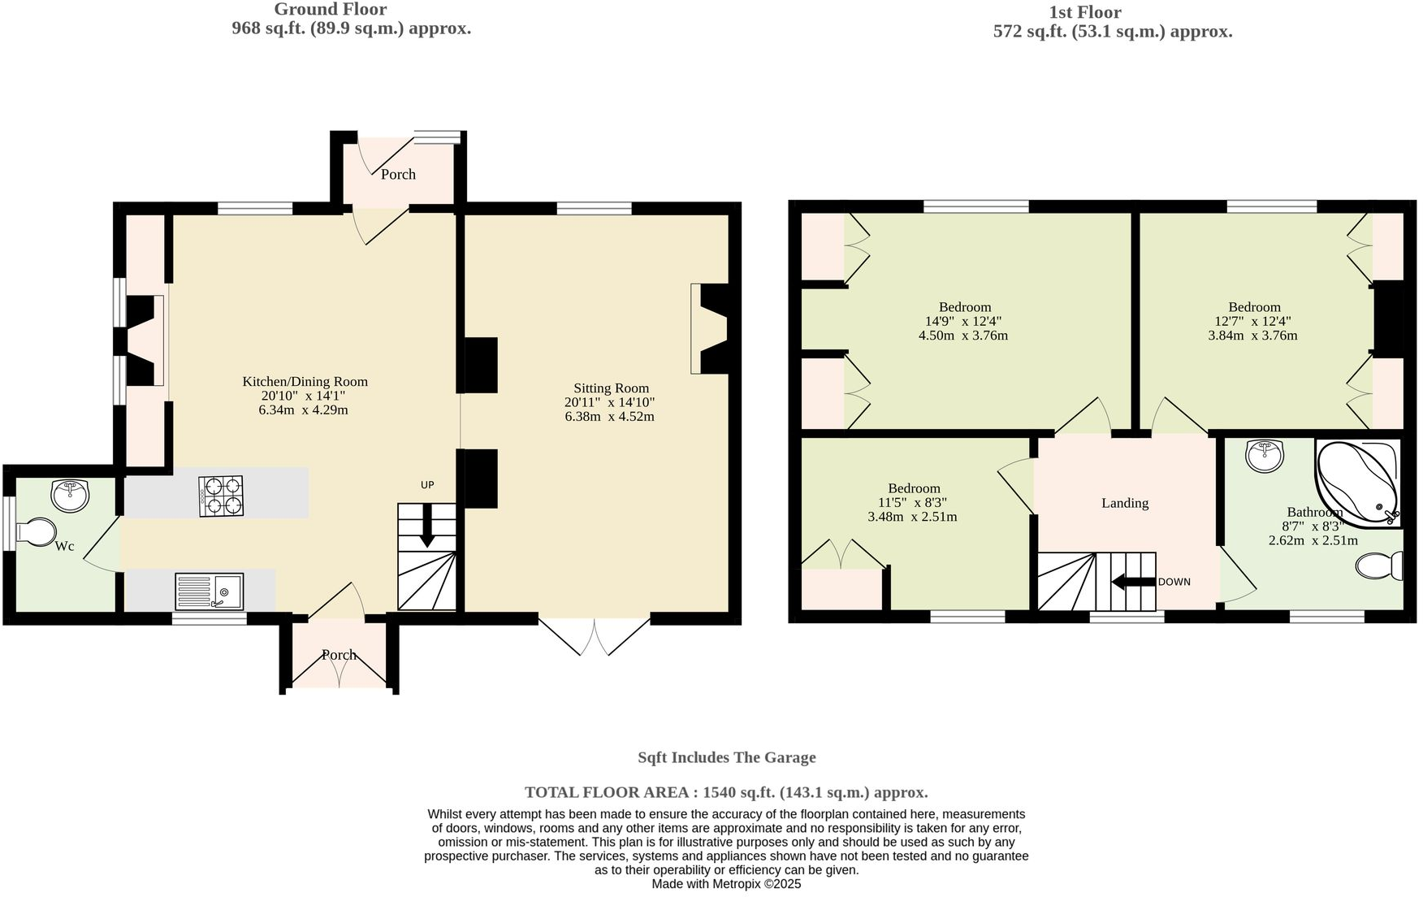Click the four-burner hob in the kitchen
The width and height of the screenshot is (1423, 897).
(x=221, y=496)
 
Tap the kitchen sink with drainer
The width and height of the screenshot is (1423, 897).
(x=209, y=591)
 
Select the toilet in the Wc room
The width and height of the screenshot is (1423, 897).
(x=36, y=532)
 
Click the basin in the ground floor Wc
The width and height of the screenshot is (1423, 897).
(x=71, y=495)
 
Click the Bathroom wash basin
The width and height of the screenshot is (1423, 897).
(x=1265, y=456)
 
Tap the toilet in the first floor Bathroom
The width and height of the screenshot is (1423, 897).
(x=1379, y=565)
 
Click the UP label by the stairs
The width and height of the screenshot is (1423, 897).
(x=427, y=485)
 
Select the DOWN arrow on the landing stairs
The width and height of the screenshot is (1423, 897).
(x=1133, y=582)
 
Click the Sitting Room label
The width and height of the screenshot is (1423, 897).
(x=611, y=388)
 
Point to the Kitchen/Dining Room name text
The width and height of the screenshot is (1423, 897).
(x=305, y=382)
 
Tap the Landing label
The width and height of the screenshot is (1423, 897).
(x=1125, y=503)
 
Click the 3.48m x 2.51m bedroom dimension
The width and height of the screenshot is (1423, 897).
(x=912, y=517)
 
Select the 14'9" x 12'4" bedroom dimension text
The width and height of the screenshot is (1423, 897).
(x=964, y=321)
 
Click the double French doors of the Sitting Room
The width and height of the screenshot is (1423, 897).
(x=595, y=637)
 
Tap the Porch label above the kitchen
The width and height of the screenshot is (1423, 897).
(x=398, y=175)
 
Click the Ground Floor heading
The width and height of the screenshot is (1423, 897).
(x=330, y=10)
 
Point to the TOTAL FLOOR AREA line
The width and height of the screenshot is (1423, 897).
(x=726, y=792)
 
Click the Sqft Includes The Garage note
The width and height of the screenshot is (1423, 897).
(x=726, y=757)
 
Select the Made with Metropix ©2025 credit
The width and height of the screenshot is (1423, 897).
(x=726, y=884)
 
